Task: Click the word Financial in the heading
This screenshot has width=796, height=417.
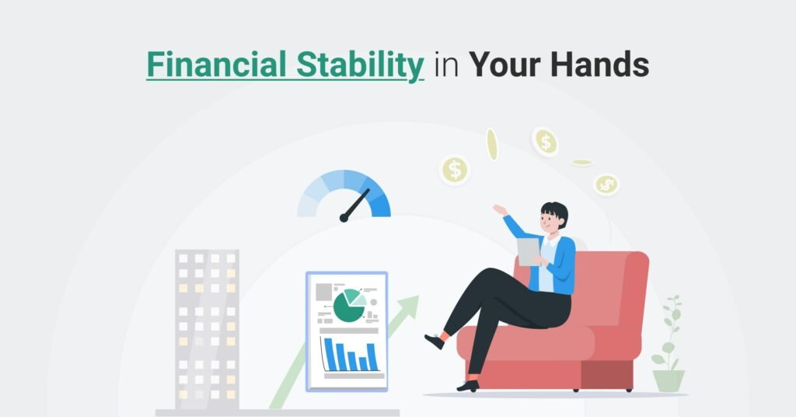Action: tap(216, 65)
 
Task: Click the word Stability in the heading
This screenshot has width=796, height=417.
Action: tap(360, 66)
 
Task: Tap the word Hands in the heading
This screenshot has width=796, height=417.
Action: tap(599, 65)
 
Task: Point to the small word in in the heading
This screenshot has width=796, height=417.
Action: tap(446, 65)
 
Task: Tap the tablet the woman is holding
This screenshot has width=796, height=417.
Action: tap(529, 251)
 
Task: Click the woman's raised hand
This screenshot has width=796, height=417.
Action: tap(500, 210)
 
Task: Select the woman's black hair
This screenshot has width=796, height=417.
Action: tap(555, 212)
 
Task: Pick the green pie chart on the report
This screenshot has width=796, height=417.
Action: tap(349, 305)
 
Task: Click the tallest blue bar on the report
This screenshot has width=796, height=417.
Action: tap(330, 354)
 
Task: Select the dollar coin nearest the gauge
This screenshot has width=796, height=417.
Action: tap(455, 170)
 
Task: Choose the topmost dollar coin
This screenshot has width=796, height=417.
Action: tap(545, 141)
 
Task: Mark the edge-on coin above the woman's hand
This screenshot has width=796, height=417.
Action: tap(491, 145)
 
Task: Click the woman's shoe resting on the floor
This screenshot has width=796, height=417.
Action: tap(468, 386)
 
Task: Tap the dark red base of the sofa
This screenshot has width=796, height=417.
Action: tap(606, 374)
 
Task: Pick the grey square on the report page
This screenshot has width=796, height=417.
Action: tap(324, 292)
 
